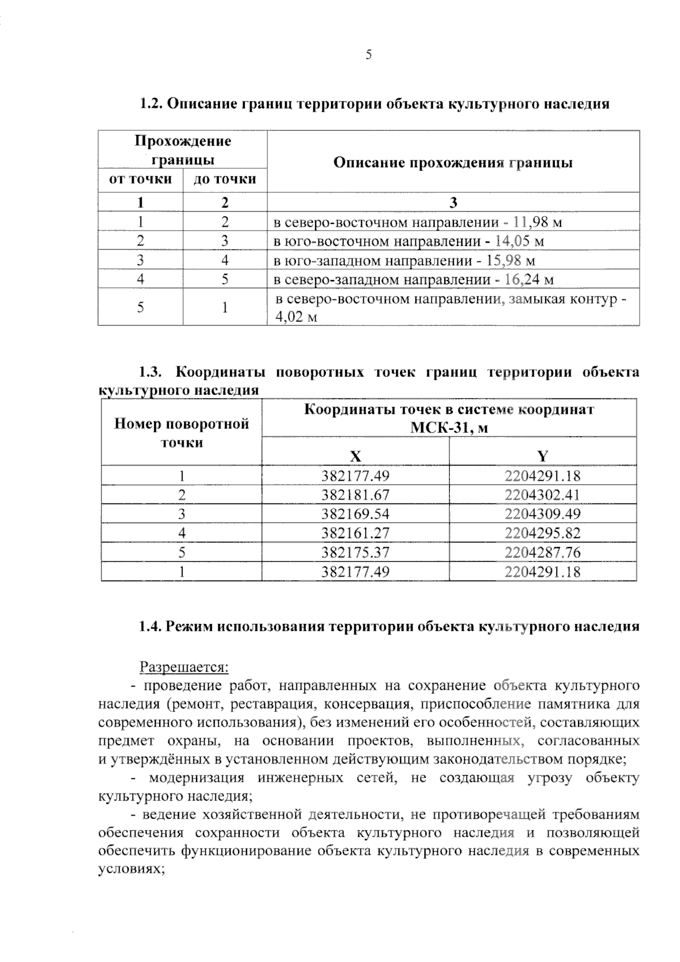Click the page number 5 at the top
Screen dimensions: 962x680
coord(368,55)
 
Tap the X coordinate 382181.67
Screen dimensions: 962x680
coord(355,495)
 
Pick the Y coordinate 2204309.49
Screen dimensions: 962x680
coord(542,514)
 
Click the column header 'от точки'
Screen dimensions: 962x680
coord(141,180)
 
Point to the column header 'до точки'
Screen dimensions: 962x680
coord(225,180)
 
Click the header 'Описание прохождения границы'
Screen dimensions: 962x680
coord(453,163)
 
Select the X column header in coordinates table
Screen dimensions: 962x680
coord(355,456)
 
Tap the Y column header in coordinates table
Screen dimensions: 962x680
coord(542,456)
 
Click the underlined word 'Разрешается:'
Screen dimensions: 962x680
coord(184,667)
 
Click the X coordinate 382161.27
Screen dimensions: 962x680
coord(355,533)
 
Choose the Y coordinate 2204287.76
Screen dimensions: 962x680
coord(542,553)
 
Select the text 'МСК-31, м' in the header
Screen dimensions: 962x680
coord(449,428)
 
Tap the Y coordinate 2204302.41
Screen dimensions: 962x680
coord(542,495)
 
